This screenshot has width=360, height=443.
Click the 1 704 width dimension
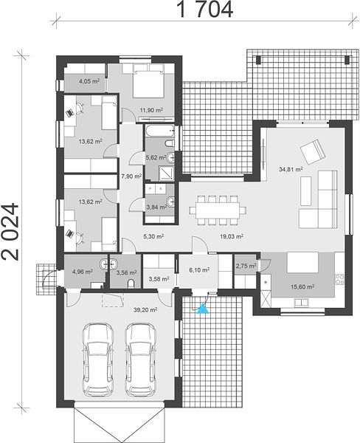click(x=204, y=10)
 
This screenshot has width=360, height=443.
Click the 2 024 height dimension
click(x=10, y=232)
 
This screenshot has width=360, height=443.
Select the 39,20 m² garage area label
click(x=145, y=310)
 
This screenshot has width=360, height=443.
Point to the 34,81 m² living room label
click(x=291, y=169)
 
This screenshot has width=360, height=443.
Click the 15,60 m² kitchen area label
click(x=302, y=286)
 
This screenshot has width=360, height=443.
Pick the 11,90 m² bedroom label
click(x=151, y=110)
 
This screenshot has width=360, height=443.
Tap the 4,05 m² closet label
click(x=89, y=82)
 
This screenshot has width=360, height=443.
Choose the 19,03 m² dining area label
click(x=232, y=236)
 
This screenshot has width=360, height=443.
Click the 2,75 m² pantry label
click(x=246, y=266)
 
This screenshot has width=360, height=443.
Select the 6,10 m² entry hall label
click(x=199, y=270)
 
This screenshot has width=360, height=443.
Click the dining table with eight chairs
click(x=218, y=210)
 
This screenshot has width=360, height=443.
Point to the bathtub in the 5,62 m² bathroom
click(x=160, y=131)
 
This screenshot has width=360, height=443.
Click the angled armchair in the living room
click(x=313, y=151)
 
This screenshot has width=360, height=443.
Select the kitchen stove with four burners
click(x=339, y=279)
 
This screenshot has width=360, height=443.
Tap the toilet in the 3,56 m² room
click(x=131, y=284)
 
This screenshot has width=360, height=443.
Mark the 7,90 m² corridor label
click(x=131, y=176)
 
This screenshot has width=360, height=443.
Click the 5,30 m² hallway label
click(x=153, y=236)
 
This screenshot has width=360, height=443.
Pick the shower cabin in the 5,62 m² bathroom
click(x=167, y=173)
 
